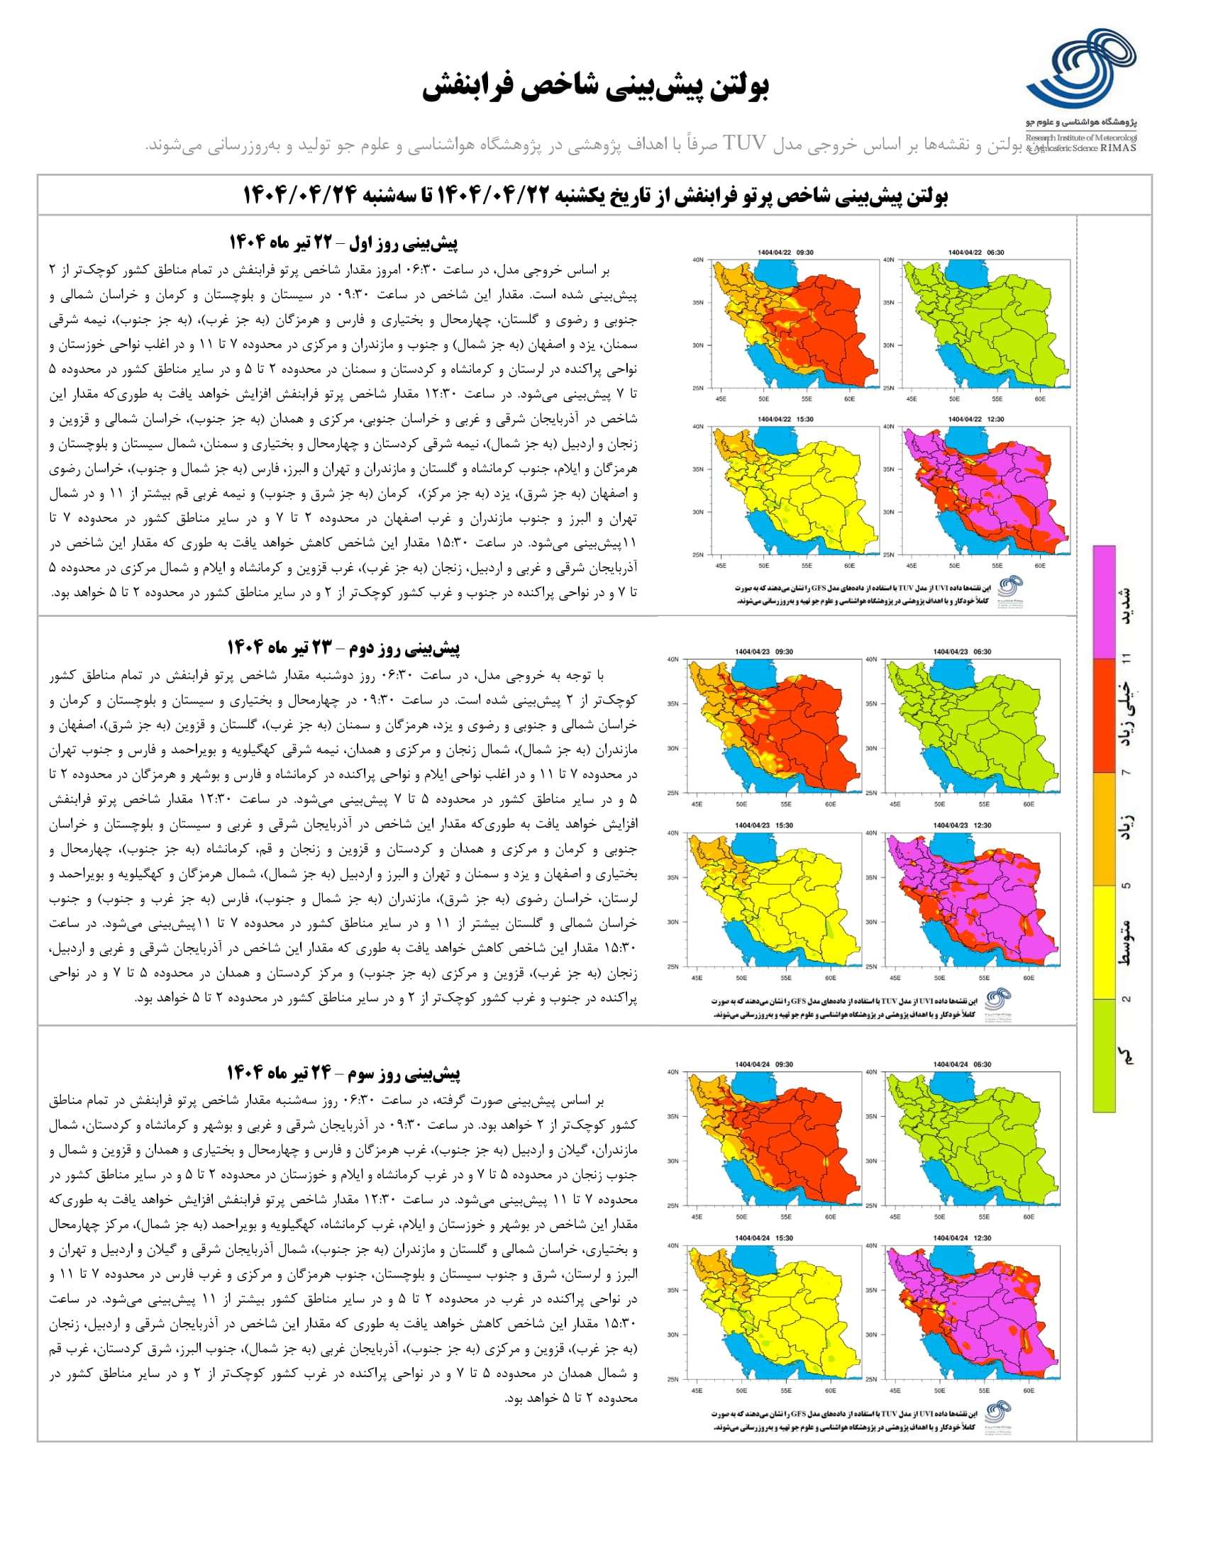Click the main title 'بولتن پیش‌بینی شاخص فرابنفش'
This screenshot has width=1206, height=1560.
(595, 86)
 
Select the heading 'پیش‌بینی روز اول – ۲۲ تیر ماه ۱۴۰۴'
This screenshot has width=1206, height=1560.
(343, 242)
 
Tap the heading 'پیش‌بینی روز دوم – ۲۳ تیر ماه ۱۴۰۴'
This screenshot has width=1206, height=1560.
(343, 647)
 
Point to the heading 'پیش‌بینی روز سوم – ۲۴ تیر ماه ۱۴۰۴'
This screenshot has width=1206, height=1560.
(343, 1072)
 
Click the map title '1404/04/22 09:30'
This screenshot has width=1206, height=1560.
(785, 252)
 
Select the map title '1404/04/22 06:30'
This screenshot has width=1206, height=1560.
(976, 252)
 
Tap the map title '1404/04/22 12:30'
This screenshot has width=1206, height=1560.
(976, 419)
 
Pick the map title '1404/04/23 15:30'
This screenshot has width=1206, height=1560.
(764, 825)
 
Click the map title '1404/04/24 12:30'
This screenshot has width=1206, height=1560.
(962, 1238)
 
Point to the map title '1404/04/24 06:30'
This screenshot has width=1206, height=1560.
(962, 1064)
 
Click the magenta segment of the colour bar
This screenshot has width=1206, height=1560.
(1104, 601)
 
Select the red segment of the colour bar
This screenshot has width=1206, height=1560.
(1104, 714)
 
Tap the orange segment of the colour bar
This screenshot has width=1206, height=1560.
(1104, 828)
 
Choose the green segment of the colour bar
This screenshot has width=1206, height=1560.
(1104, 1055)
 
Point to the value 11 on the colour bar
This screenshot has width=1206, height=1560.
(1127, 657)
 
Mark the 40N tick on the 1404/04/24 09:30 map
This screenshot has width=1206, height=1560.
(673, 1072)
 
